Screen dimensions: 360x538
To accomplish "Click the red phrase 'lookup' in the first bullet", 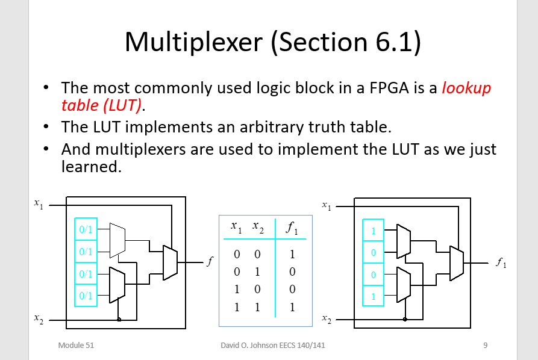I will pos(466,88).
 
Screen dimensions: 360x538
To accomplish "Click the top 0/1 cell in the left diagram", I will pos(85,229).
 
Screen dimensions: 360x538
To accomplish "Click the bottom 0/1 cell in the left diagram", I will pos(85,295).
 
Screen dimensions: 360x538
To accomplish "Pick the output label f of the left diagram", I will pos(209,262).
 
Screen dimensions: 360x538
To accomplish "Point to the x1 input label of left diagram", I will pos(39,205).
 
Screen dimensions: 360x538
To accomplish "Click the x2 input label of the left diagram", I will pos(39,320).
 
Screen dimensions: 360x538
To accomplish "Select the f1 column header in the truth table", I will pos(292,228).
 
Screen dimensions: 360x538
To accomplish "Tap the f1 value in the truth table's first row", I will pos(292,255).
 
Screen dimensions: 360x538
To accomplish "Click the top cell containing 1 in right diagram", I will pos(373,230).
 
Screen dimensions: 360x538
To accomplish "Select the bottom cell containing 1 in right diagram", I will pos(373,296).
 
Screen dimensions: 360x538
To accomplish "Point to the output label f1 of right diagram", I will pos(501,262).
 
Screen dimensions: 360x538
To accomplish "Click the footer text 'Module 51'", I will pos(76,346).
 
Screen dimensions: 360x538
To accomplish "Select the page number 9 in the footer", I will pos(485,346).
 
